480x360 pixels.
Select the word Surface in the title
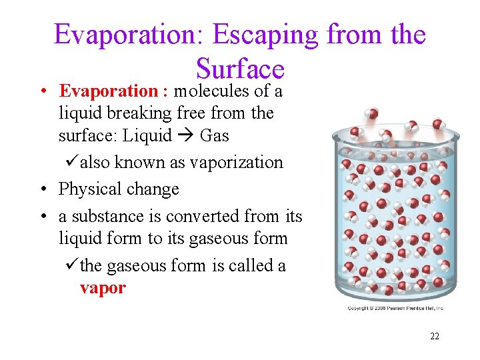pyautogui.click(x=240, y=68)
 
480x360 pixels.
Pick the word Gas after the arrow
pyautogui.click(x=214, y=136)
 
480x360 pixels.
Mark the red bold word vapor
pyautogui.click(x=102, y=288)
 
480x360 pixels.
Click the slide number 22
pyautogui.click(x=434, y=336)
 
